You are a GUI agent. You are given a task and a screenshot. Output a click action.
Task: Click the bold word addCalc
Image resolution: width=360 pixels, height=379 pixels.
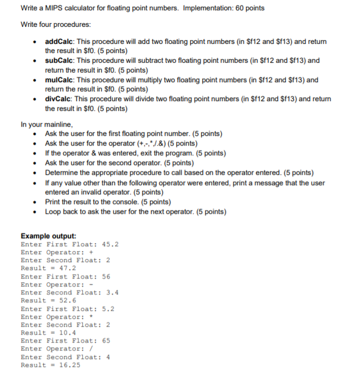coord(61,41)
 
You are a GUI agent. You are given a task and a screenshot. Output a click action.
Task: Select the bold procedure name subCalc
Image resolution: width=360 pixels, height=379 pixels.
coord(61,61)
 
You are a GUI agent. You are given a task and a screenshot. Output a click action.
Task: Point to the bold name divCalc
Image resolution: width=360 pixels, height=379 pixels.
coord(60,99)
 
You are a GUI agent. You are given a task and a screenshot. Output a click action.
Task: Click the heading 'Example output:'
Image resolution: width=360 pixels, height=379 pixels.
coord(49,236)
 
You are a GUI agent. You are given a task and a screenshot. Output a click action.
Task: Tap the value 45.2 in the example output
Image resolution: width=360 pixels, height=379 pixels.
coord(110,244)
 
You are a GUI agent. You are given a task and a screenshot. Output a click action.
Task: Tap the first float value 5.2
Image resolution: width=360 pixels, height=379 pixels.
coord(106,308)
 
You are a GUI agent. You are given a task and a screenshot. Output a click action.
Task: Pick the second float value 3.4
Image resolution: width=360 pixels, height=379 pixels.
coord(110,292)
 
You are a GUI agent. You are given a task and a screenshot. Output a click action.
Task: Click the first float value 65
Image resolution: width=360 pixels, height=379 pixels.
coord(106,341)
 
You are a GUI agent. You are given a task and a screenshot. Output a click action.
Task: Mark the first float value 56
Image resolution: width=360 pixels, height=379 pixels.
coord(106,277)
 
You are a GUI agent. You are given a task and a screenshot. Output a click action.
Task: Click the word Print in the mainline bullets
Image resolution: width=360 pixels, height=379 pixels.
coord(54,202)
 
